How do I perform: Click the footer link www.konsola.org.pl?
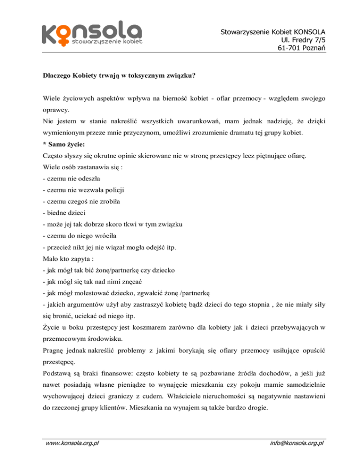point(72,453)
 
